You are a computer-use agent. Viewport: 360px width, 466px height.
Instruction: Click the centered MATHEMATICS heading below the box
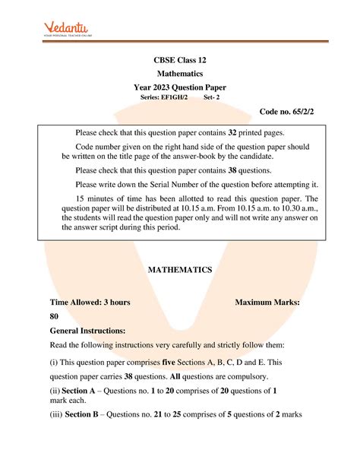(x=179, y=270)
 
